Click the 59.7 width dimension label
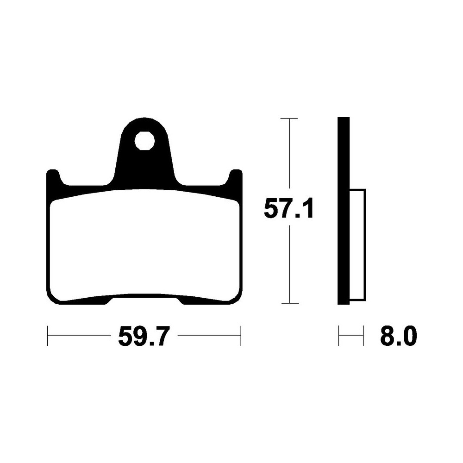[144, 336]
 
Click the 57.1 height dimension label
[288, 208]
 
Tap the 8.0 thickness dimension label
[399, 336]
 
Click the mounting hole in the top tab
[144, 141]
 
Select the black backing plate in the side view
[344, 211]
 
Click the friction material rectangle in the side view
[357, 245]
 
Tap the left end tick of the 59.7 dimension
[48, 336]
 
